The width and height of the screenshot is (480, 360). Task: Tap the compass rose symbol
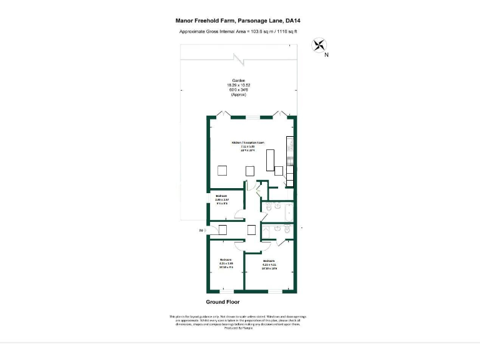pos(319,44)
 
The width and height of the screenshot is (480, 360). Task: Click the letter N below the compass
pos(326,55)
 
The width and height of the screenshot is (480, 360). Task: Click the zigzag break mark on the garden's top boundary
pos(238,60)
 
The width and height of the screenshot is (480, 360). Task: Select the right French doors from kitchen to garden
pos(279,114)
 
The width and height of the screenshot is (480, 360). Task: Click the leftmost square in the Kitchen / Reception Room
pos(222,171)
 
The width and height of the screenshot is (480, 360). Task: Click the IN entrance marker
pos(201,231)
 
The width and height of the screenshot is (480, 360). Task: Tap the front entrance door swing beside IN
pos(212,229)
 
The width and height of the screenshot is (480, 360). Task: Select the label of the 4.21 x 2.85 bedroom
pos(226,263)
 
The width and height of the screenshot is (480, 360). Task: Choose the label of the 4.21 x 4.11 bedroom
pos(269,264)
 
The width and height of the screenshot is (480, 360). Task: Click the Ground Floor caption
pos(222,301)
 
